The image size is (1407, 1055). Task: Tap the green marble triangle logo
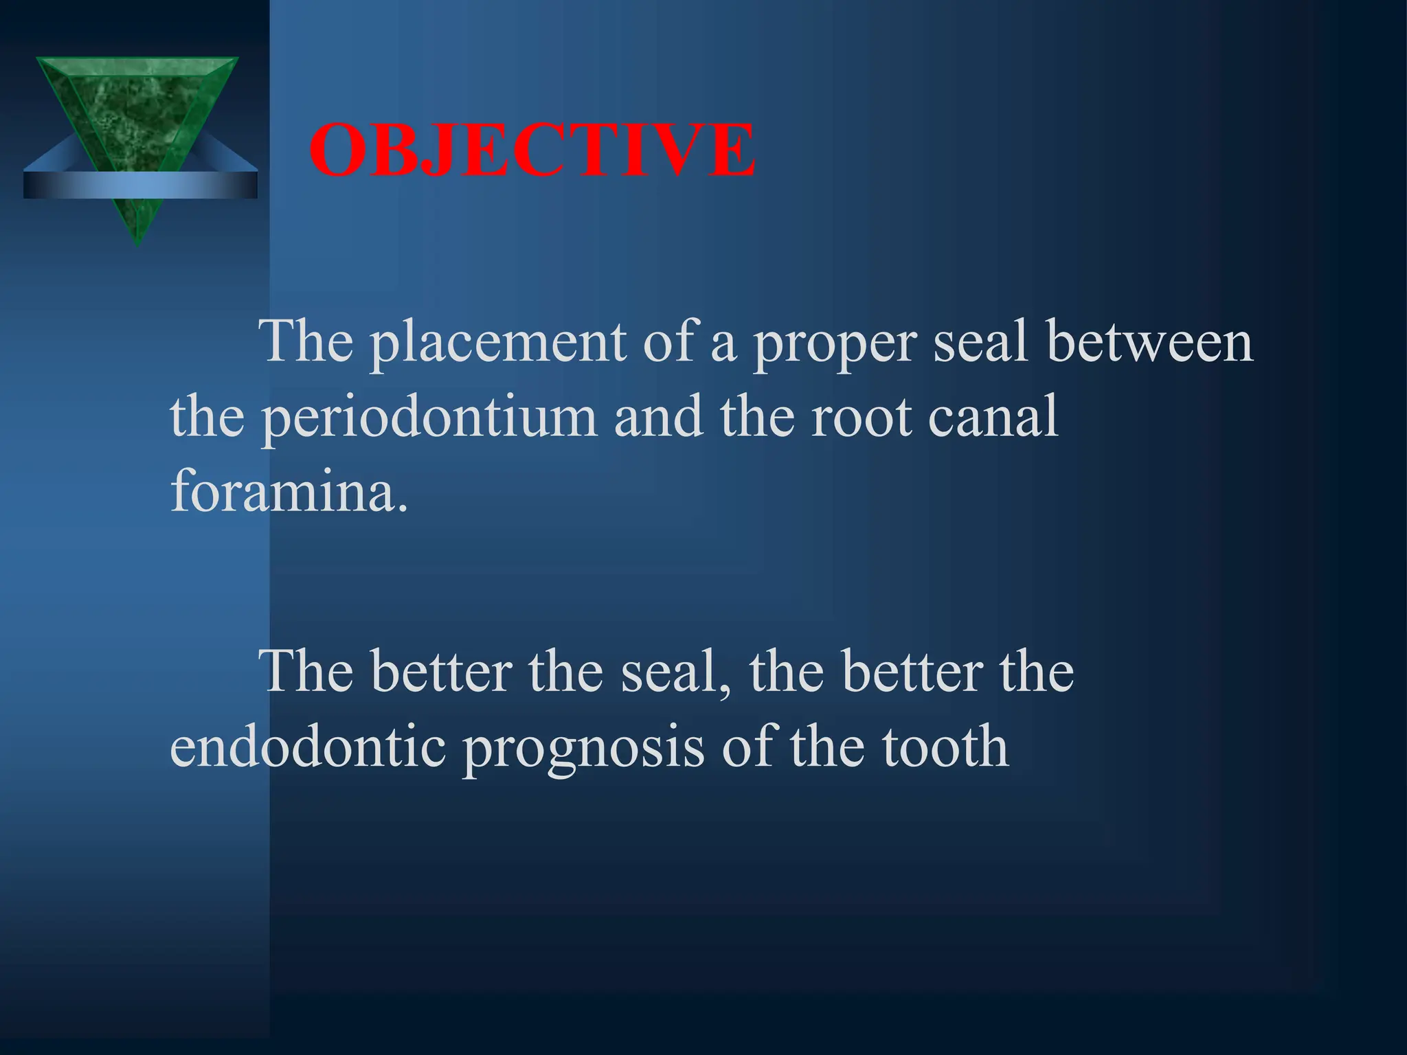[137, 117]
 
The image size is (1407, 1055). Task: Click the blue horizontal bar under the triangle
[140, 185]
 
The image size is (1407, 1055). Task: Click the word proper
[835, 343]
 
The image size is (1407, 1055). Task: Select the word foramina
[289, 491]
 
